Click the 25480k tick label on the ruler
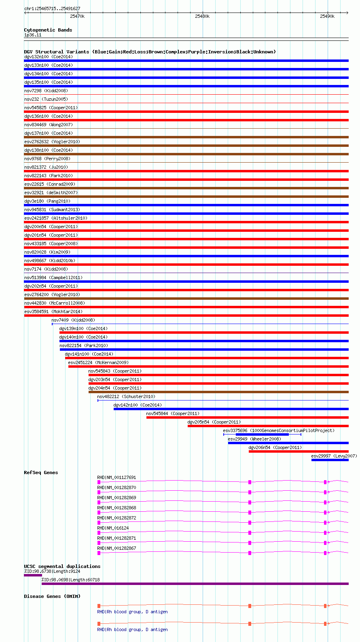pyautogui.click(x=202, y=16)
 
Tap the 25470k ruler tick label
pyautogui.click(x=77, y=16)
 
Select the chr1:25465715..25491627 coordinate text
pyautogui.click(x=52, y=8)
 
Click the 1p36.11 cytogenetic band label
pyautogui.click(x=33, y=35)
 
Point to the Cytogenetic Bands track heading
pyautogui.click(x=48, y=30)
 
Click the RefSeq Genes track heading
pyautogui.click(x=41, y=472)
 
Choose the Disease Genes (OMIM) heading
pyautogui.click(x=52, y=596)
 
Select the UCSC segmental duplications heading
pyautogui.click(x=62, y=566)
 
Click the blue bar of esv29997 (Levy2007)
pyautogui.click(x=330, y=460)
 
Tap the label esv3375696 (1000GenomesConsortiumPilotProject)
pyautogui.click(x=279, y=430)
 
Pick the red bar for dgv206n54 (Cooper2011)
pyautogui.click(x=299, y=451)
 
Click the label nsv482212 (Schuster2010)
pyautogui.click(x=126, y=397)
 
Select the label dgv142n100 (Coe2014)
pyautogui.click(x=138, y=405)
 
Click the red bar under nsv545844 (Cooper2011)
pyautogui.click(x=248, y=417)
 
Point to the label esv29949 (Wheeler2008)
pyautogui.click(x=254, y=439)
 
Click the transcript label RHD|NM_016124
pyautogui.click(x=113, y=528)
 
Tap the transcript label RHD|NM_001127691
pyautogui.click(x=116, y=477)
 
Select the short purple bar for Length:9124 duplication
pyautogui.click(x=33, y=575)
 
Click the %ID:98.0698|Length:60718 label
pyautogui.click(x=70, y=580)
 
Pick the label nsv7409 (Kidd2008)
pyautogui.click(x=73, y=320)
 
